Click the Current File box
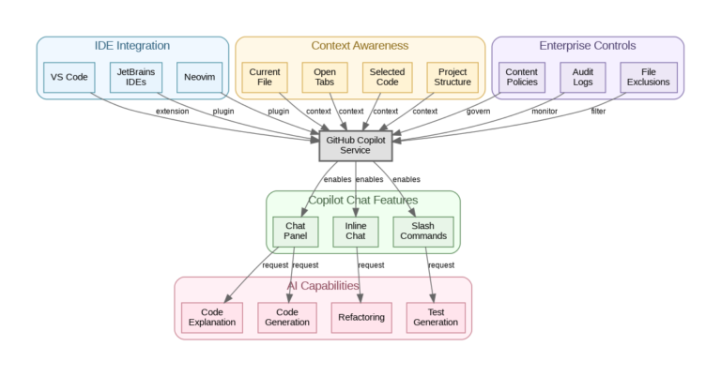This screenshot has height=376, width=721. (265, 78)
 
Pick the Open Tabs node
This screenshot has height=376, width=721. (325, 78)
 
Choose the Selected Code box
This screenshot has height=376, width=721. (386, 78)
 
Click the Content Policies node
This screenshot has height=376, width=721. (521, 78)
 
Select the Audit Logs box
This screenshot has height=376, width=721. (582, 78)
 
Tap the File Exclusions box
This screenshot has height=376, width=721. (649, 78)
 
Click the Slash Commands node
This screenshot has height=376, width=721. (422, 231)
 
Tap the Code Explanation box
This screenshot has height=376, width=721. (212, 317)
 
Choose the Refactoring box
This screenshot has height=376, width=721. (361, 317)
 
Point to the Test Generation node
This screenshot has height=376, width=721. (436, 317)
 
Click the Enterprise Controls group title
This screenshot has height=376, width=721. (587, 46)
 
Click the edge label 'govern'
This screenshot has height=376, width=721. (479, 112)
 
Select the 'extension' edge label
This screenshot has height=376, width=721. (172, 112)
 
